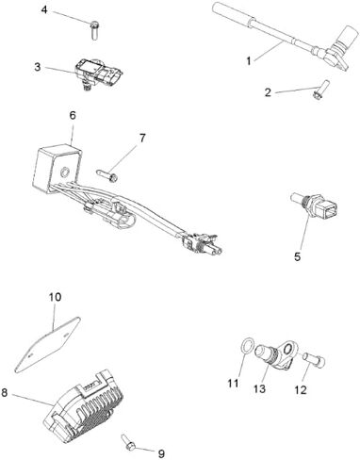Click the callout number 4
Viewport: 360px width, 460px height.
[x=44, y=9]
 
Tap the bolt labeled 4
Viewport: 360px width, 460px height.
[x=94, y=30]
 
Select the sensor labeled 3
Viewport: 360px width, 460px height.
[x=99, y=74]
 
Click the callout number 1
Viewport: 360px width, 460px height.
[x=249, y=60]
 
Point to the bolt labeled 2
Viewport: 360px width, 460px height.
[x=321, y=90]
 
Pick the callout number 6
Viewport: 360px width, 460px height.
[x=73, y=115]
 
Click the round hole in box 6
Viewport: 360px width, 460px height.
[x=65, y=172]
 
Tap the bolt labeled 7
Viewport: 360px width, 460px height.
[x=106, y=175]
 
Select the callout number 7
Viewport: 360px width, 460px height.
[x=142, y=138]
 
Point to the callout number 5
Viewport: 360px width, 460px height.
[x=297, y=256]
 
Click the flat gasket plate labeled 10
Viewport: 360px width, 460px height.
[x=48, y=345]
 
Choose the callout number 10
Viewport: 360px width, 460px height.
[x=55, y=297]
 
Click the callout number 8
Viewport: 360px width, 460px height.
[x=5, y=392]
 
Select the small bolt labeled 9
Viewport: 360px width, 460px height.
[x=128, y=442]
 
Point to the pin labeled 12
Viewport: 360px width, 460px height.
[x=314, y=360]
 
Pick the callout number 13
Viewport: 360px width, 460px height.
[x=259, y=389]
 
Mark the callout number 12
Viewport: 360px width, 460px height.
[x=301, y=390]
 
